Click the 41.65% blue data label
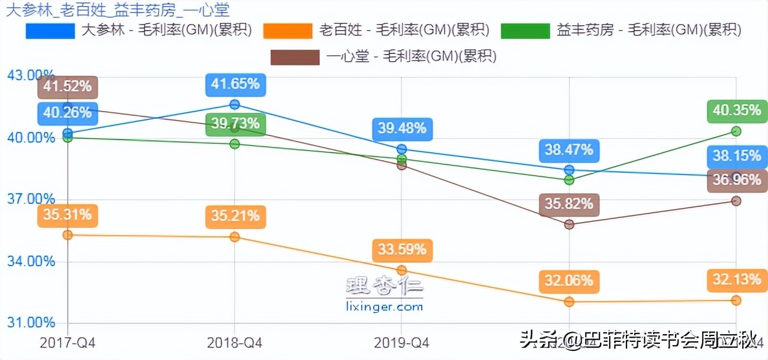[x=235, y=84]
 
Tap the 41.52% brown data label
[x=68, y=86]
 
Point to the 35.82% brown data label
[x=569, y=205]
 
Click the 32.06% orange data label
[x=569, y=280]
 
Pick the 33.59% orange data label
[x=402, y=249]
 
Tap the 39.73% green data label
[x=235, y=124]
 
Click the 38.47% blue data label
[x=569, y=149]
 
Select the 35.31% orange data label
[x=68, y=215]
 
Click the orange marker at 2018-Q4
[x=235, y=237]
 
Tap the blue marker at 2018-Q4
[x=235, y=104]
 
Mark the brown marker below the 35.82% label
[x=569, y=224]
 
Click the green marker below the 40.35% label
[x=737, y=131]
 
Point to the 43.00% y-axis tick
[x=30, y=76]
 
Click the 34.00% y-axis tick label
[x=30, y=261]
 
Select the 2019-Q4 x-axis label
[x=401, y=343]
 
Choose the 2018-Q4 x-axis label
[x=235, y=343]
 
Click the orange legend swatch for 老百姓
[x=288, y=31]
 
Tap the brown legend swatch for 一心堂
[x=295, y=57]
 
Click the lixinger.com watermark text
[x=385, y=307]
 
